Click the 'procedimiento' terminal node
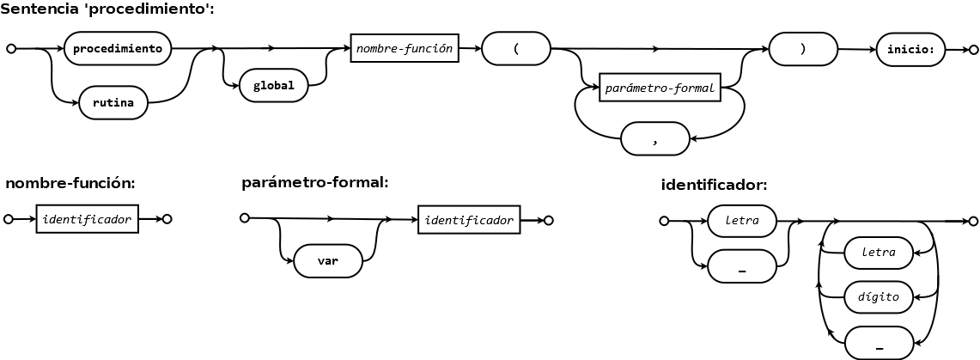pyautogui.click(x=118, y=49)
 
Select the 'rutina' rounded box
pyautogui.click(x=113, y=103)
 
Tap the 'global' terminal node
pyautogui.click(x=274, y=86)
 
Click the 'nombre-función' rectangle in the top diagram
pyautogui.click(x=405, y=48)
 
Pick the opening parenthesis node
pyautogui.click(x=516, y=49)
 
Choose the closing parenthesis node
pyautogui.click(x=803, y=49)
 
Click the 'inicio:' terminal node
pyautogui.click(x=911, y=49)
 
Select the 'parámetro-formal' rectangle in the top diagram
pyautogui.click(x=660, y=88)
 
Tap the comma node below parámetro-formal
pyautogui.click(x=654, y=138)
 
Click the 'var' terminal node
pyautogui.click(x=328, y=261)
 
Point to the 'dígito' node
pyautogui.click(x=878, y=297)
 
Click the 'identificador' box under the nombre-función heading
pyautogui.click(x=88, y=219)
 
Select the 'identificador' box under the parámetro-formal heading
pyautogui.click(x=469, y=220)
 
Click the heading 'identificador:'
pyautogui.click(x=714, y=185)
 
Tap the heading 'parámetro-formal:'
pyautogui.click(x=315, y=182)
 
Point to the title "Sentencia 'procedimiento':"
pyautogui.click(x=107, y=9)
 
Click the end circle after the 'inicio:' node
pyautogui.click(x=972, y=49)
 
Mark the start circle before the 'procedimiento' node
pyautogui.click(x=10, y=49)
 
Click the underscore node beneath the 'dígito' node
pyautogui.click(x=878, y=344)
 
